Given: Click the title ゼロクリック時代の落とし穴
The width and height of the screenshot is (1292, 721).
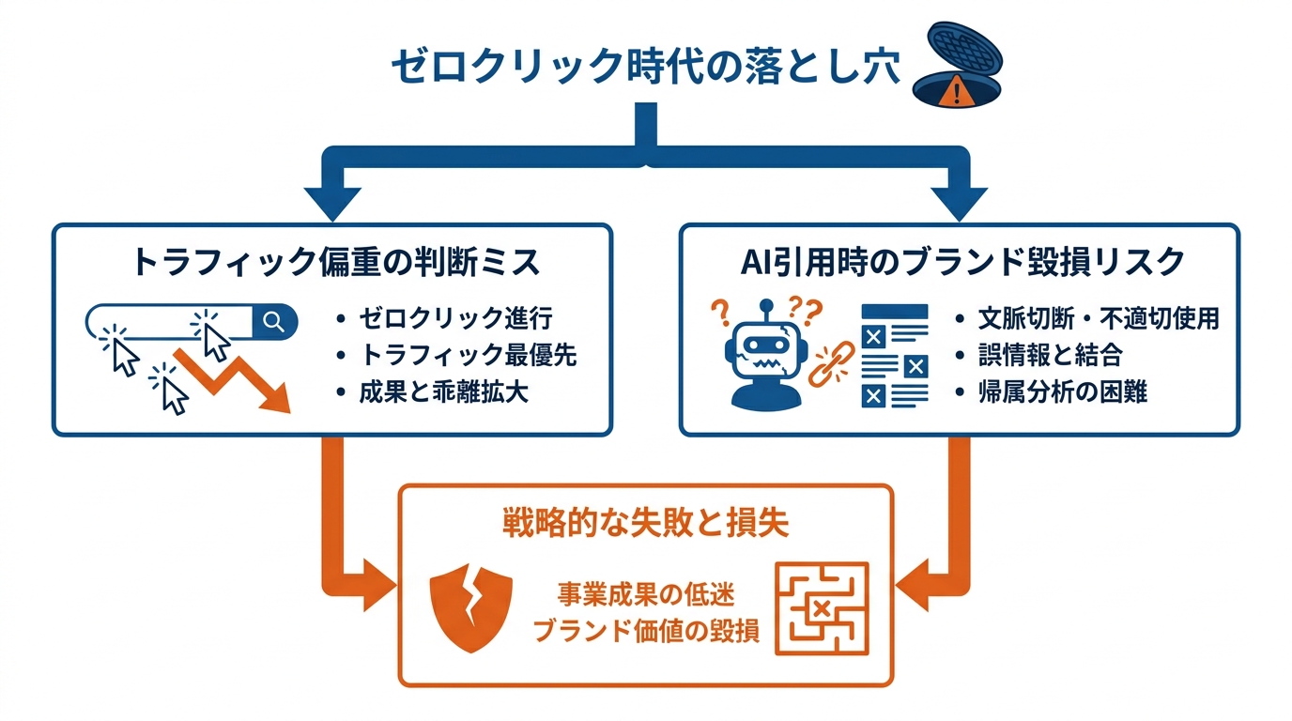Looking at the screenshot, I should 645,68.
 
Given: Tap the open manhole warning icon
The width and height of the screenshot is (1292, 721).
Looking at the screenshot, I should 956,68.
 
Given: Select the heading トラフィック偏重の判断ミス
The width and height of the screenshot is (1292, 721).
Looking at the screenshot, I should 336,262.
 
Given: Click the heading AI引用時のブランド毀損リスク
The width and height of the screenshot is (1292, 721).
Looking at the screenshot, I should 960,262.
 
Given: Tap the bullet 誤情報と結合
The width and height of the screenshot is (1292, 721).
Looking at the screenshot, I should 1049,355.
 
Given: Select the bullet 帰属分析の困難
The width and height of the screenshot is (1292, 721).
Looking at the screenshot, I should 1062,391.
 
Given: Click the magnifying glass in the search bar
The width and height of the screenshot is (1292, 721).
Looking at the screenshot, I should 274,322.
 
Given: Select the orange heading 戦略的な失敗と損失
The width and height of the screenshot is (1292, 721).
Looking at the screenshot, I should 645,523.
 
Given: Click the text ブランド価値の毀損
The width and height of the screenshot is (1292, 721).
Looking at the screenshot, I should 645,630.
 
